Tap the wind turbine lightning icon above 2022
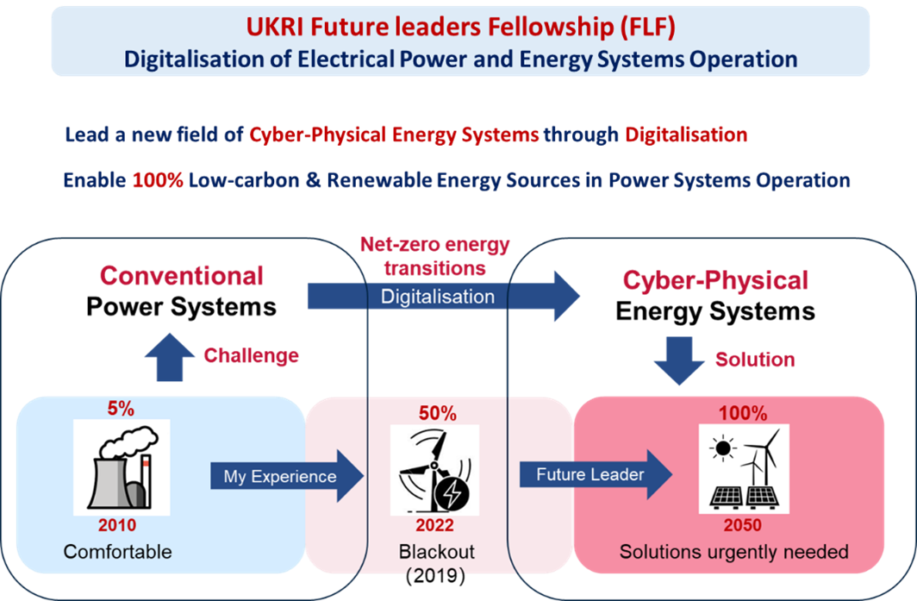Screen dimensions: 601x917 point(437,471)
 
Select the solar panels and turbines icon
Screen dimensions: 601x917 point(742,471)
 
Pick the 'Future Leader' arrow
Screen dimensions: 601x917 point(595,475)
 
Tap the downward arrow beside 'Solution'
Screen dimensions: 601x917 point(678,359)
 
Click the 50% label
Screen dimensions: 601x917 point(437,414)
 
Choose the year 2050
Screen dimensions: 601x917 point(743,525)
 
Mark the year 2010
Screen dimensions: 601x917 point(117,525)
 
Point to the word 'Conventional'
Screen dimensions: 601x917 point(181,276)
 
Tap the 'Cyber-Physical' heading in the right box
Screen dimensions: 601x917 point(715,280)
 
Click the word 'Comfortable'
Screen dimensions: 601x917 point(118,552)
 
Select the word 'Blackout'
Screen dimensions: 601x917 point(437,552)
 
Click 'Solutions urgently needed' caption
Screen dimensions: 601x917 point(734,552)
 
